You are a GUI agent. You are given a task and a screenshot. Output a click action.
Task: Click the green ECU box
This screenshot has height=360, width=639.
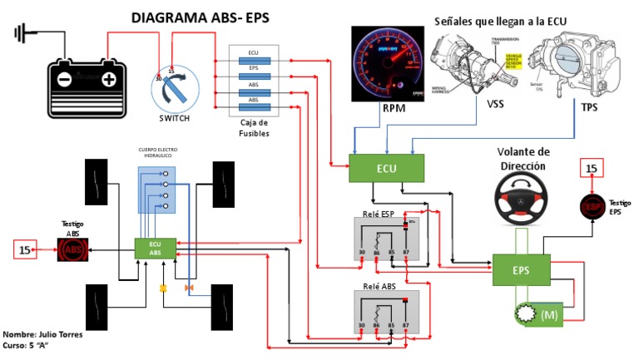tap(386, 168)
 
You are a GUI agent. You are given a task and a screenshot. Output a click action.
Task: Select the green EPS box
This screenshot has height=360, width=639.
tap(521, 271)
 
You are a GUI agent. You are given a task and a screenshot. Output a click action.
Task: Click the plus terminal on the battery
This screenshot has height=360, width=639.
tap(108, 80)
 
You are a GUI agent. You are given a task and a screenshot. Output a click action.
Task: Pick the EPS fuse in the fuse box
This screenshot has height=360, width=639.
tap(253, 67)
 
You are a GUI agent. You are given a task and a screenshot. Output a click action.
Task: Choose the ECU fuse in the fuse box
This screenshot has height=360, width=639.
tap(253, 53)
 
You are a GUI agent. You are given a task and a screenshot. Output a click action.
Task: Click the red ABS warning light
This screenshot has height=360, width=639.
tap(72, 248)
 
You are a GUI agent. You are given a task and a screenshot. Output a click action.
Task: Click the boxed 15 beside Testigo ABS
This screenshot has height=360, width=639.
tap(25, 248)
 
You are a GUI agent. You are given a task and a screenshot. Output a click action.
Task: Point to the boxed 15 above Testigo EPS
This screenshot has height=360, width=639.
tap(592, 169)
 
